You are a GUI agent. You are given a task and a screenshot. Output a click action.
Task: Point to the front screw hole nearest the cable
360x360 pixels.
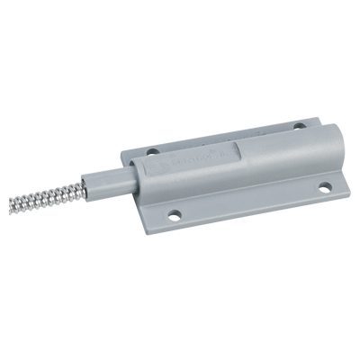pyautogui.click(x=174, y=216)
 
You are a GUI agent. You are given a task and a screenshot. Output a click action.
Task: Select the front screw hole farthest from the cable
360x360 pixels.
pyautogui.click(x=320, y=188)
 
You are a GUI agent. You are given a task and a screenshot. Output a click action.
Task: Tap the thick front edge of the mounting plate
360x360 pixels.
pyautogui.click(x=243, y=220)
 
